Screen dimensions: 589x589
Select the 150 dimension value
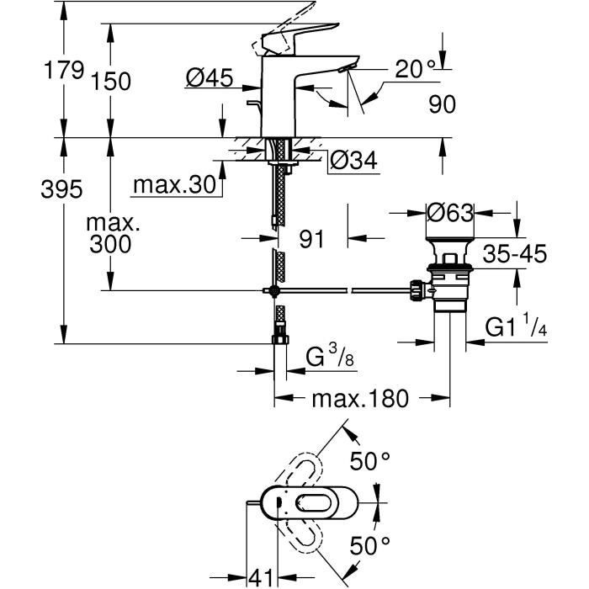tap(112, 82)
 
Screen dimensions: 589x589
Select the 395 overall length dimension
tap(63, 189)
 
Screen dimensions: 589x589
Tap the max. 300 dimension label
tap(113, 235)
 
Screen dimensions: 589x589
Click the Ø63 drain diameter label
tap(450, 214)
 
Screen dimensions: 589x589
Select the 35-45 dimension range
tap(515, 252)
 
